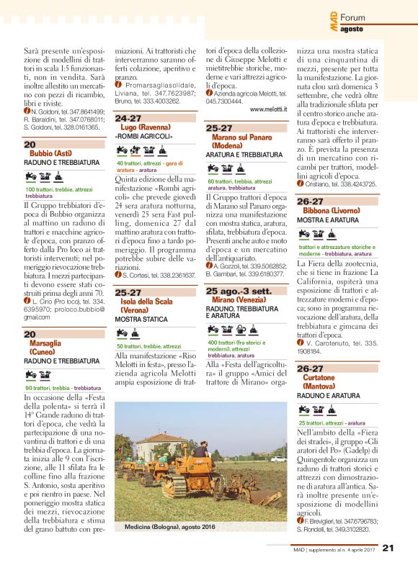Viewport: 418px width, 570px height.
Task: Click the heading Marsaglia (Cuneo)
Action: (45, 348)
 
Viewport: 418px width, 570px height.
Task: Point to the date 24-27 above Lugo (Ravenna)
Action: (128, 118)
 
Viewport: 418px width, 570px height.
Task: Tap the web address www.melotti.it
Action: (269, 109)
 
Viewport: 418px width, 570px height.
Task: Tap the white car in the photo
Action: (278, 458)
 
